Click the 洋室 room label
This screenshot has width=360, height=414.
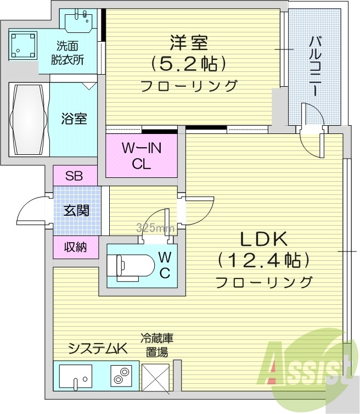coord(189,42)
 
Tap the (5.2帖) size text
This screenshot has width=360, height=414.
coord(189,64)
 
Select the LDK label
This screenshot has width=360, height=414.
coord(263,239)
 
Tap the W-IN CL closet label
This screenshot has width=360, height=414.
coord(141,156)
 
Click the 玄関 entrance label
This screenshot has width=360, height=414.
coord(76,210)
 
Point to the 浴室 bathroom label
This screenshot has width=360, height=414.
coord(74,118)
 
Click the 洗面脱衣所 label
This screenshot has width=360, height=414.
coord(69,54)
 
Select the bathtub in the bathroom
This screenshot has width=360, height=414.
coord(27,120)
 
